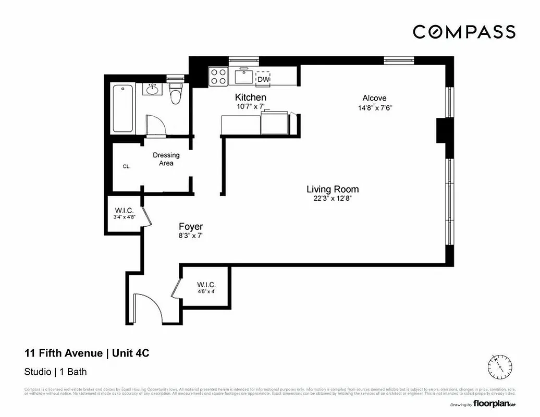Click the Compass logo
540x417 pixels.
(x=464, y=32)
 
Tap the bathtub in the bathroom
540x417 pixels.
(x=123, y=109)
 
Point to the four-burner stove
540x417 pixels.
(x=218, y=77)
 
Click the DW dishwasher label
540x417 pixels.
(x=263, y=79)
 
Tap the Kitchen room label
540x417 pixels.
(x=250, y=97)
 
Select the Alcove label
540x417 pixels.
(x=374, y=98)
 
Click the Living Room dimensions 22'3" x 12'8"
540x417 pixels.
(x=332, y=199)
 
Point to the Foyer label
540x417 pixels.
(x=191, y=227)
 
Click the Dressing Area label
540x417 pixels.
(x=166, y=159)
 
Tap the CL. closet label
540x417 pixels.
(x=126, y=167)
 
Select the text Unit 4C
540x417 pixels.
(x=130, y=353)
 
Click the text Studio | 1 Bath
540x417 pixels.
(x=55, y=372)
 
